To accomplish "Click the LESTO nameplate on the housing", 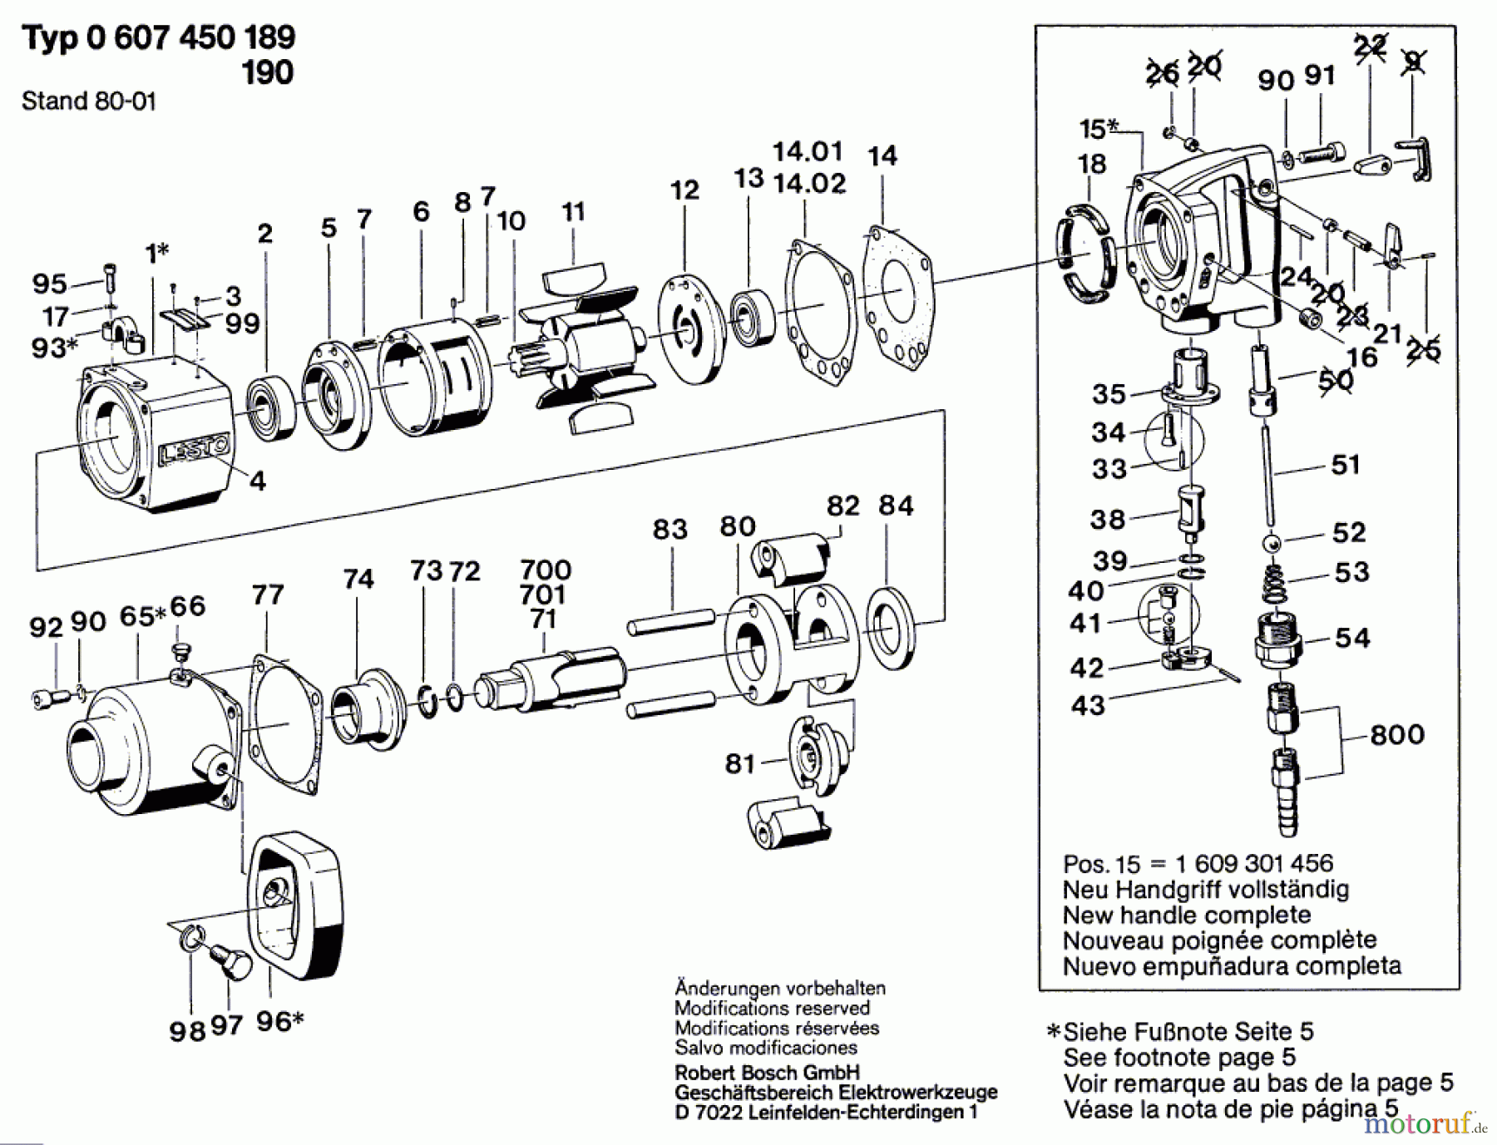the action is [193, 452].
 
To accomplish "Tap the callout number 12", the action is [684, 190].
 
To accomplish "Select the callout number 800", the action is [1397, 734].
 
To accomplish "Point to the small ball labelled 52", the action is [1272, 544].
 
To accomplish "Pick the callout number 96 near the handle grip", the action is [273, 1022].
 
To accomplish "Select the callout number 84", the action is [896, 506].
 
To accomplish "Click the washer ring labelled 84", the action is [890, 629].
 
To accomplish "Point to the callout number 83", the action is [669, 529].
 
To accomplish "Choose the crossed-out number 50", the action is [1336, 380].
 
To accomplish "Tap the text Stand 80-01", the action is [88, 101].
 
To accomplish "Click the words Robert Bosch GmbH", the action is [767, 1073].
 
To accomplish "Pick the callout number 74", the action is [358, 579].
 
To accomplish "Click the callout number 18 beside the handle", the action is [1091, 165].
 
